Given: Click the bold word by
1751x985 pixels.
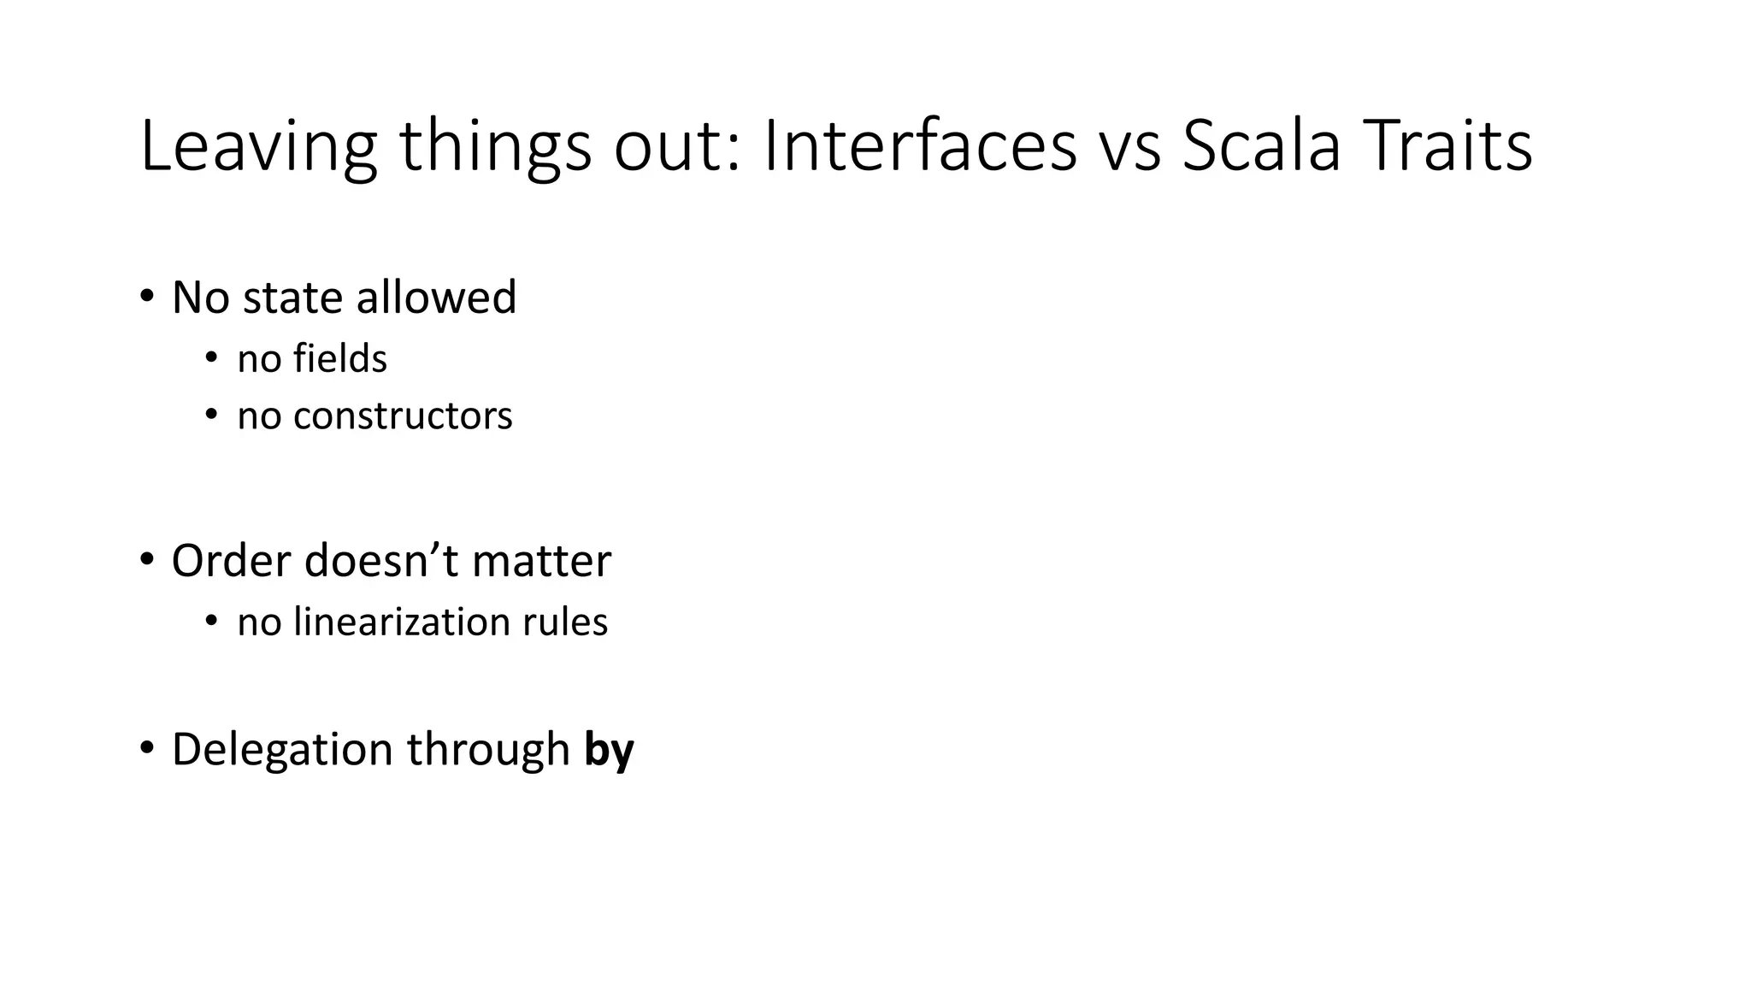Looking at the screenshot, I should (609, 750).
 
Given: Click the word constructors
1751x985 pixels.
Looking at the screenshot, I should (403, 416).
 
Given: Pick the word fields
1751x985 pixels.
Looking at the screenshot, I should (339, 358).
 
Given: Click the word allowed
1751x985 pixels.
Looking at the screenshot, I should (436, 298).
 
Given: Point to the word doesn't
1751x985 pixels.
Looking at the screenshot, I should (381, 562).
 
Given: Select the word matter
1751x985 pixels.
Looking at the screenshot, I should (541, 562).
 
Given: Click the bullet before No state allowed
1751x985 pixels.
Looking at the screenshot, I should (147, 297).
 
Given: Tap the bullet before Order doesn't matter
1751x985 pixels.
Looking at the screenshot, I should (147, 560).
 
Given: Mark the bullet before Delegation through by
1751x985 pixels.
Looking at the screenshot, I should (147, 748).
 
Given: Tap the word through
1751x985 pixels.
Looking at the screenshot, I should (487, 750).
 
